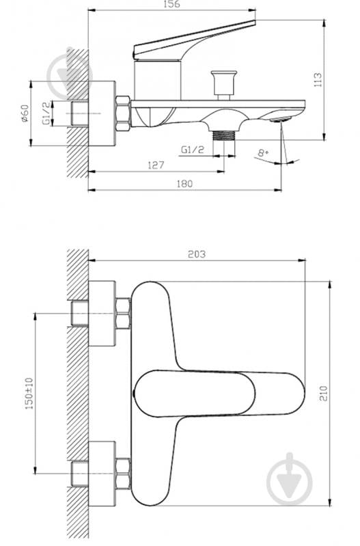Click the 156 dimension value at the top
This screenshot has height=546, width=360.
171,4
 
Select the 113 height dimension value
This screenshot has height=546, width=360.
318,80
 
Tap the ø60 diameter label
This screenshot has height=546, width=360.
25,113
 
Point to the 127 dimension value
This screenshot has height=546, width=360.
156,165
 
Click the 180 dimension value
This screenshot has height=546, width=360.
184,184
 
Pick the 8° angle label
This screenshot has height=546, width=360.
263,152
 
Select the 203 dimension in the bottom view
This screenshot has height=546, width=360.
197,254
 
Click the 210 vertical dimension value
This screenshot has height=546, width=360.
324,394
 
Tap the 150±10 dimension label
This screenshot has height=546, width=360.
29,394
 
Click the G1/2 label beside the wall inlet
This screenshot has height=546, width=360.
46,113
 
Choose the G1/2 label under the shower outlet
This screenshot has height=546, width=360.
192,150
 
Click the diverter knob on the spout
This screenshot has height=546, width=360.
224,85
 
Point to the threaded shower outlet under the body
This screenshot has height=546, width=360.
224,135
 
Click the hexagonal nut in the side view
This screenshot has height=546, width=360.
122,113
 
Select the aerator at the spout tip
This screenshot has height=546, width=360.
281,120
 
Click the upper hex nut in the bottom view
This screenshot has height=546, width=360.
123,314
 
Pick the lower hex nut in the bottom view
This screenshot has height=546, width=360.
123,474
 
